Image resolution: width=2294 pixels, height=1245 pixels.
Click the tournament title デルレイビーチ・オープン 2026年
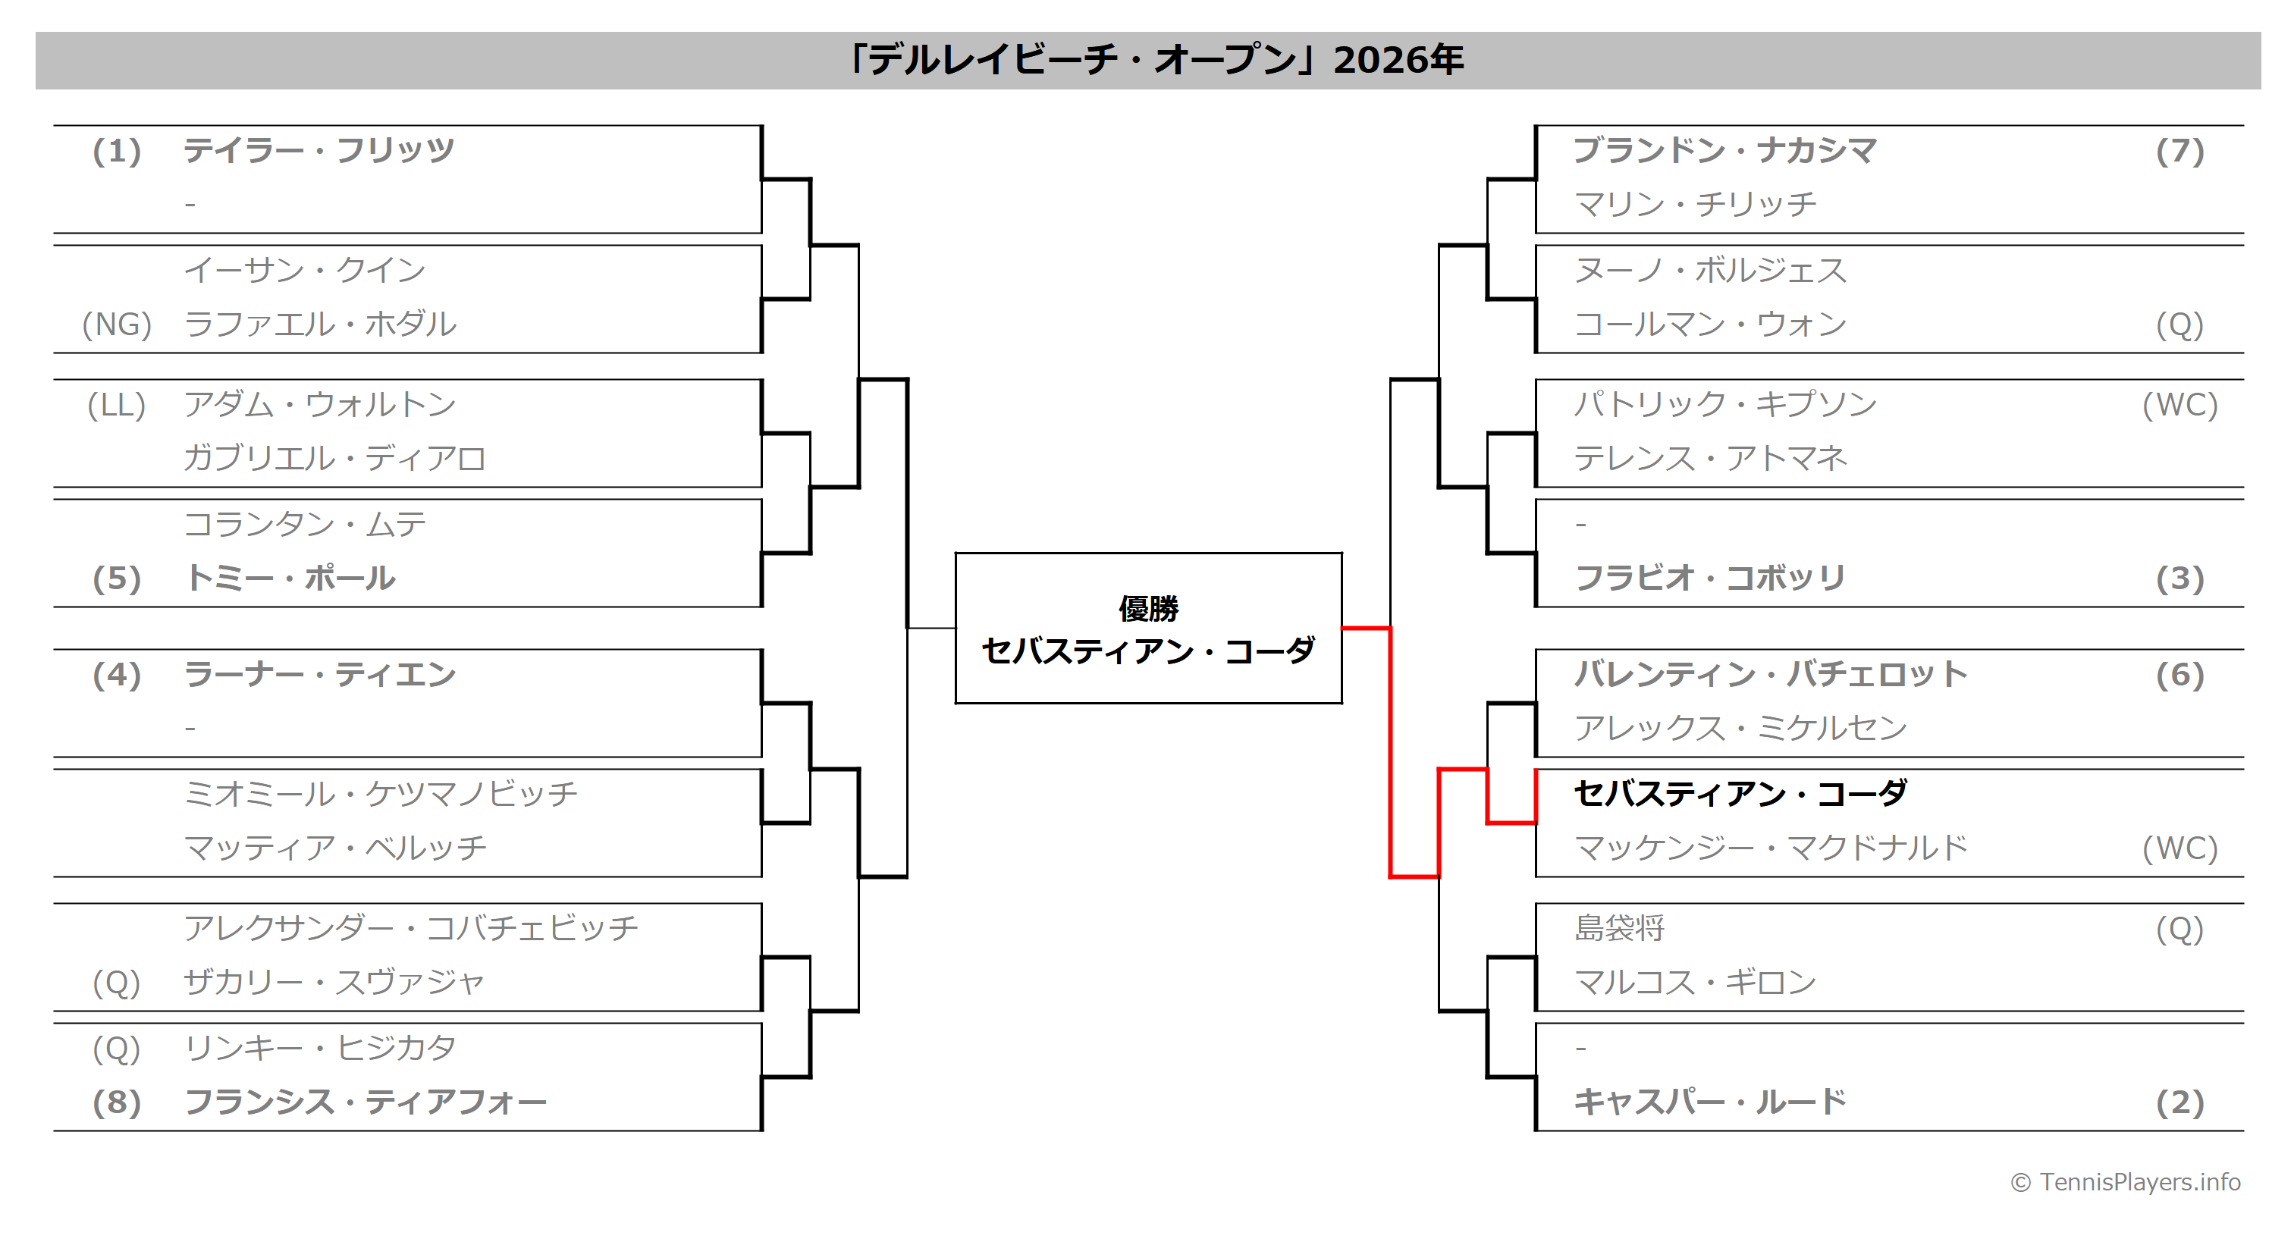(1155, 60)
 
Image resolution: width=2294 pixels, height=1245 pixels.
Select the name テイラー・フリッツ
(319, 150)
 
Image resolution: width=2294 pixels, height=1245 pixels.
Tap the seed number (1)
(117, 152)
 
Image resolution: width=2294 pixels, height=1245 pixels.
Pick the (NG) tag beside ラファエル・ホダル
(117, 325)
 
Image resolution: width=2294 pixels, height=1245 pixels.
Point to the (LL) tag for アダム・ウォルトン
(117, 405)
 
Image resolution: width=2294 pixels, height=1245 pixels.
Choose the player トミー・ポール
(290, 578)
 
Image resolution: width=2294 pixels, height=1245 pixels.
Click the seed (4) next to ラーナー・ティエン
(117, 675)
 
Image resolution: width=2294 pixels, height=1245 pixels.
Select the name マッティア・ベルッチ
(335, 848)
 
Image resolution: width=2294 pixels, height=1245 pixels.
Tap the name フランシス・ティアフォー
(365, 1102)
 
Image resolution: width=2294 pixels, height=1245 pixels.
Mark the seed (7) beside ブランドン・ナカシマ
(2179, 152)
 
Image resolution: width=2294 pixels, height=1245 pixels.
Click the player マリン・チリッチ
(1695, 205)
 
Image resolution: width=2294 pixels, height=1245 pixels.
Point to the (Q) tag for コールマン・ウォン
(2179, 325)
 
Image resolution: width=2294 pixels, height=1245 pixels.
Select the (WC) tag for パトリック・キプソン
(2179, 405)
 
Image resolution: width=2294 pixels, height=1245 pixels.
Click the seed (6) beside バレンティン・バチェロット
(2179, 675)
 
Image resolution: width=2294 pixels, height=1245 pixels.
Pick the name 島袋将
(1619, 929)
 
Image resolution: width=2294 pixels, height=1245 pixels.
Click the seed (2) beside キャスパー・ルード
(2179, 1102)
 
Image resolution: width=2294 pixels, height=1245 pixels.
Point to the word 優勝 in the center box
(1148, 609)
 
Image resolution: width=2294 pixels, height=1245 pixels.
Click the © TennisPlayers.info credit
(2125, 1182)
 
